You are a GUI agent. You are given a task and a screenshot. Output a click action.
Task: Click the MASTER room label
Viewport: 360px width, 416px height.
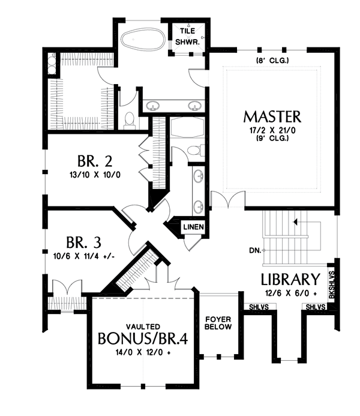coord(272,116)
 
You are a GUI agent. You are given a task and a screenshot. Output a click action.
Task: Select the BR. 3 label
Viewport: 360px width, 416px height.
coord(84,243)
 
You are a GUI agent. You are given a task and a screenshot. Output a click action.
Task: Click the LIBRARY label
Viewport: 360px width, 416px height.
coord(289,279)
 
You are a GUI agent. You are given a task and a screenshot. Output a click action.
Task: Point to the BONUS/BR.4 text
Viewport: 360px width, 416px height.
coord(143,339)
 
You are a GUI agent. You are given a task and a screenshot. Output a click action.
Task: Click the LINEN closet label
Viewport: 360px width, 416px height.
coord(193,228)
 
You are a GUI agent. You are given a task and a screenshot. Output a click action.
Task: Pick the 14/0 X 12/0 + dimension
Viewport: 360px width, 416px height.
coord(143,353)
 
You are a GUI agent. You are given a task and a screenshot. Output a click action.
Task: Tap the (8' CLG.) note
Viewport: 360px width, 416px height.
coord(272,61)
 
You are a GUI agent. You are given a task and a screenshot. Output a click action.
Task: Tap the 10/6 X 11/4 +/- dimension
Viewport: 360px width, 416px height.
coord(84,256)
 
